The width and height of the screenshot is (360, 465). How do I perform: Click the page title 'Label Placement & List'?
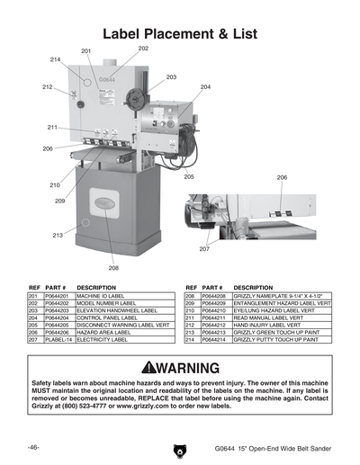click(180, 33)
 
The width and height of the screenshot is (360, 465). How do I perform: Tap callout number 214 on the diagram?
click(56, 58)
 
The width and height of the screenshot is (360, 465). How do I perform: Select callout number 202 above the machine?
click(143, 48)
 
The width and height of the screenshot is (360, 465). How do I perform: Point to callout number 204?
click(205, 86)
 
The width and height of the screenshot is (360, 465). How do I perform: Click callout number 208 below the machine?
click(113, 268)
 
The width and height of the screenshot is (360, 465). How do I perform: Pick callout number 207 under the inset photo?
click(203, 248)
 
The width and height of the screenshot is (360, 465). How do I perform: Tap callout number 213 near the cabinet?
click(58, 235)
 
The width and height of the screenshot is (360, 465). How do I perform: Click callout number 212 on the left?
click(47, 86)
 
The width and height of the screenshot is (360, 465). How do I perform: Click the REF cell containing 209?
click(191, 303)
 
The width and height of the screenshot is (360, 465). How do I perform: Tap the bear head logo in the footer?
click(179, 447)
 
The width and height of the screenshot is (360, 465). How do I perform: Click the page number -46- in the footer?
click(32, 446)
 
